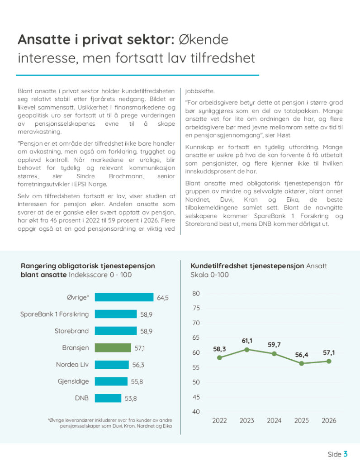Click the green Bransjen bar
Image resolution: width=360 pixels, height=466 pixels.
[x=113, y=348]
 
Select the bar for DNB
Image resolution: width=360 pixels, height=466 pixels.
[x=108, y=398]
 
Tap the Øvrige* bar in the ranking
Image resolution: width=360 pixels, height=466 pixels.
[x=124, y=297]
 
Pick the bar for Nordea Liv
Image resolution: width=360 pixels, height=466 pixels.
[x=112, y=365]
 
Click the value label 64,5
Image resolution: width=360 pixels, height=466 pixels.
[x=163, y=298]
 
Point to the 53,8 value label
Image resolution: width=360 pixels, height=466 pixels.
[x=131, y=399]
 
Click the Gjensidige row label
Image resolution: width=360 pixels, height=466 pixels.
[x=73, y=381]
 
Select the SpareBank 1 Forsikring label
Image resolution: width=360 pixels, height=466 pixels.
[x=54, y=314]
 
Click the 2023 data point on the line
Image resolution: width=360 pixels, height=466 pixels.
[x=247, y=349]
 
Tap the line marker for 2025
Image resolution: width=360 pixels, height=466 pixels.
[x=302, y=363]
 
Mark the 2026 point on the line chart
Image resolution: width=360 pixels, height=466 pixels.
[x=329, y=361]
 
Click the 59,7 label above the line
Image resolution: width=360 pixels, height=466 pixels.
[x=274, y=345]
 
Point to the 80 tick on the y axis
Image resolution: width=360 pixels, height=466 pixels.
[x=196, y=294]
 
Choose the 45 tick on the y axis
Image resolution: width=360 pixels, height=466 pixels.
[x=196, y=397]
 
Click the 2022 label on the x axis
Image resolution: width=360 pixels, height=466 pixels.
[x=219, y=420]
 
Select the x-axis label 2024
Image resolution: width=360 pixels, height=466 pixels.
[x=274, y=420]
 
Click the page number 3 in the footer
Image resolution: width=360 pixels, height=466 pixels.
[x=346, y=454]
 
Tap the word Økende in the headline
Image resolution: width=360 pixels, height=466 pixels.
[x=204, y=39]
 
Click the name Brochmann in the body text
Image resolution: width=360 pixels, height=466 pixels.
[x=126, y=176]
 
